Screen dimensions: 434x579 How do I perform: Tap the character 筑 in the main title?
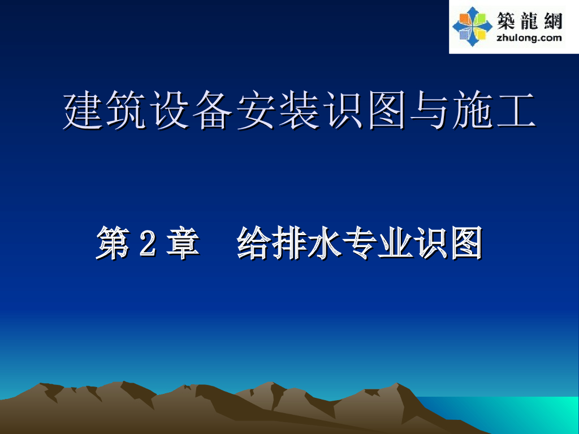(127, 111)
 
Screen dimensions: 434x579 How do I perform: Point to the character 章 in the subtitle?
(182, 243)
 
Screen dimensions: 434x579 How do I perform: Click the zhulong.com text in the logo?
(529, 38)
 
